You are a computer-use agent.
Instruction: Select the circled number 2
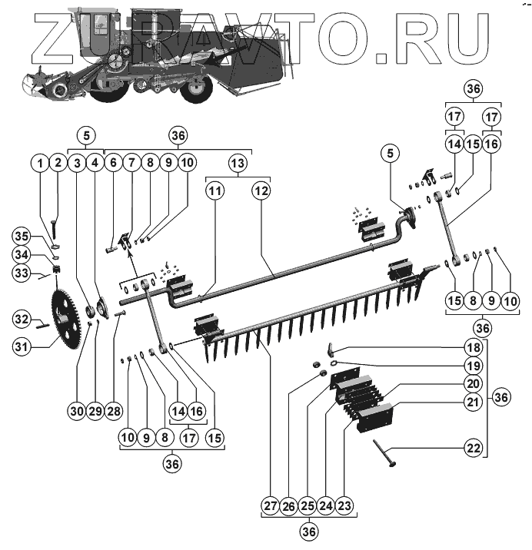57,163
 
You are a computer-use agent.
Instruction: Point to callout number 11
214,189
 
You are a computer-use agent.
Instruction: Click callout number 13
238,163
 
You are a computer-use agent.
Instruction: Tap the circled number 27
269,505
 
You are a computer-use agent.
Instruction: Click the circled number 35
22,235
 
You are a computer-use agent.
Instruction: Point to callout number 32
22,319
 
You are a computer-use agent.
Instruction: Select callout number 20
473,382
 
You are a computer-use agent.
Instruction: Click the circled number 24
327,505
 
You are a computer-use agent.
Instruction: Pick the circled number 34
22,254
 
